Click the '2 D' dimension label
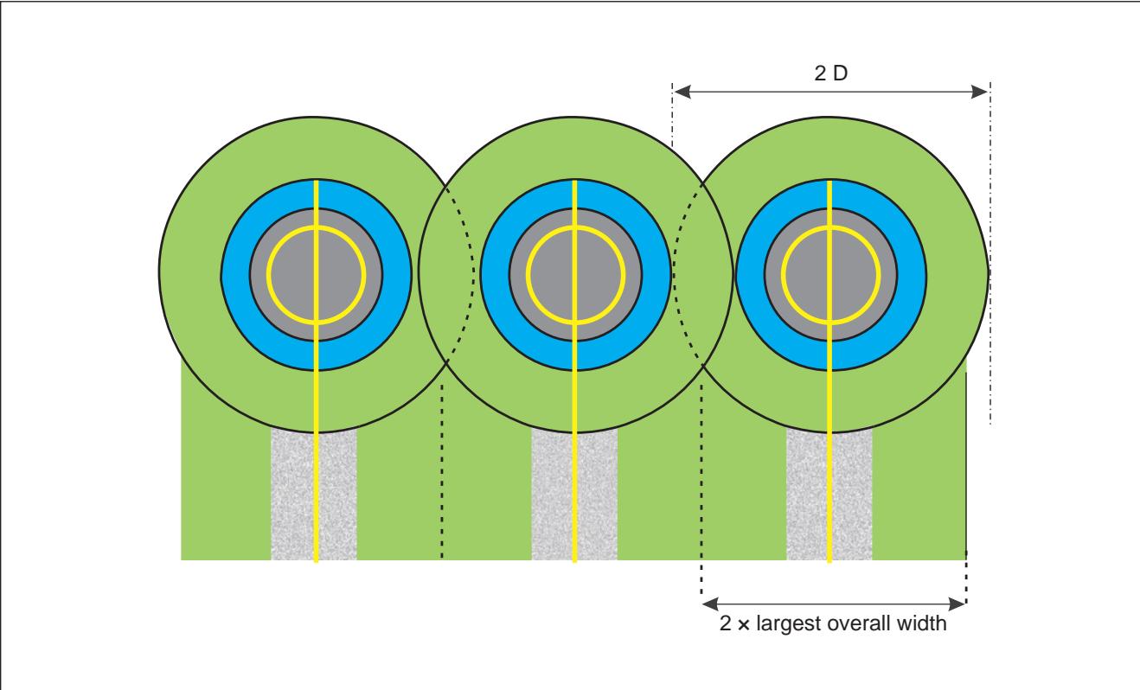[x=830, y=73]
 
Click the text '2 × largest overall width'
[x=833, y=623]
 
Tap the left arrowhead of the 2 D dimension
[x=682, y=93]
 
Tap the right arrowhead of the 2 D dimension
[x=979, y=93]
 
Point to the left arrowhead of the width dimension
[x=710, y=604]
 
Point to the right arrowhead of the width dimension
[x=957, y=604]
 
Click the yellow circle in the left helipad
[x=266, y=275]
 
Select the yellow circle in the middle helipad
[x=526, y=275]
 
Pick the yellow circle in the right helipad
[x=781, y=275]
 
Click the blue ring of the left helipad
[x=235, y=275]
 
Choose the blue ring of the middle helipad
[x=495, y=275]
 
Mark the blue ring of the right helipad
[x=750, y=275]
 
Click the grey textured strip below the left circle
[x=292, y=496]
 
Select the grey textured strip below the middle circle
[x=552, y=496]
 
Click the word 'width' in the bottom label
[x=922, y=623]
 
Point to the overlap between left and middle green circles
[x=446, y=275]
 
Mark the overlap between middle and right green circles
[x=703, y=275]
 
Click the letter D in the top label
[x=841, y=73]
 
